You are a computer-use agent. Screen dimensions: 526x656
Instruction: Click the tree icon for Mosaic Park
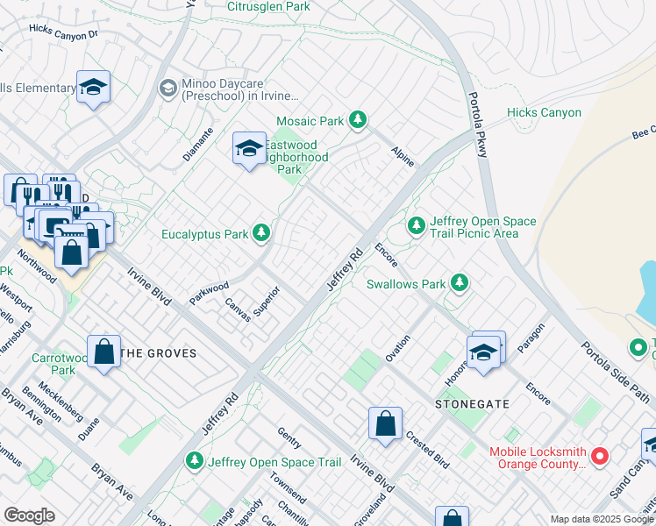(x=357, y=120)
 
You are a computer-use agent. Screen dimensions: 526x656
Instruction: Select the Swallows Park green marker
(x=458, y=282)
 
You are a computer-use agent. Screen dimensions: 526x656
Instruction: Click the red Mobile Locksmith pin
(x=600, y=456)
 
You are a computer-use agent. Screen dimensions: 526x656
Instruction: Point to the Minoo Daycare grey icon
(x=167, y=88)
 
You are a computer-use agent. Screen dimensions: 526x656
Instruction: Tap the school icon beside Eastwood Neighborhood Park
(x=249, y=149)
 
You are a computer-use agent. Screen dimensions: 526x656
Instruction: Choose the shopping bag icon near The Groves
(x=104, y=352)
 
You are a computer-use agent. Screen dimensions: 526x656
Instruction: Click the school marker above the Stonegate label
(x=482, y=352)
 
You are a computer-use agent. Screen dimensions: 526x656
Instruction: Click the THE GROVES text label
(x=158, y=353)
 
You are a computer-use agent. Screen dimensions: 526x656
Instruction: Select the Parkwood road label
(x=209, y=293)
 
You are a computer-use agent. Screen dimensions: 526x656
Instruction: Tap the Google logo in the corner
(x=29, y=515)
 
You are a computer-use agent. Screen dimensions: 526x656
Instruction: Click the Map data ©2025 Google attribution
(x=602, y=519)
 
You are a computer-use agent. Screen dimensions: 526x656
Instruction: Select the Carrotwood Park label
(x=54, y=364)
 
